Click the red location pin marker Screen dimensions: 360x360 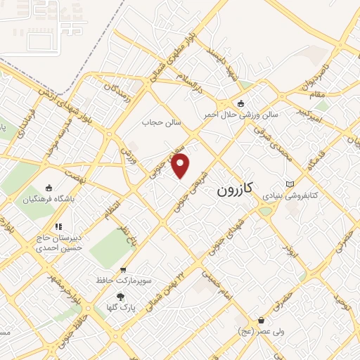[181, 167]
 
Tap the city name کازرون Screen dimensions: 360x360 [237, 189]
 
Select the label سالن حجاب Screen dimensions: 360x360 [162, 122]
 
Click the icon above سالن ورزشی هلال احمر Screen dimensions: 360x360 [241, 103]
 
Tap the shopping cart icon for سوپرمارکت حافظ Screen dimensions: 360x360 [124, 270]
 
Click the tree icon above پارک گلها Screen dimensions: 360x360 [120, 296]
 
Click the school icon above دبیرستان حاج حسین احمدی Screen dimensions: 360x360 [58, 226]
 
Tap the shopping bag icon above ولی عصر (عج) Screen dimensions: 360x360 [261, 320]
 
